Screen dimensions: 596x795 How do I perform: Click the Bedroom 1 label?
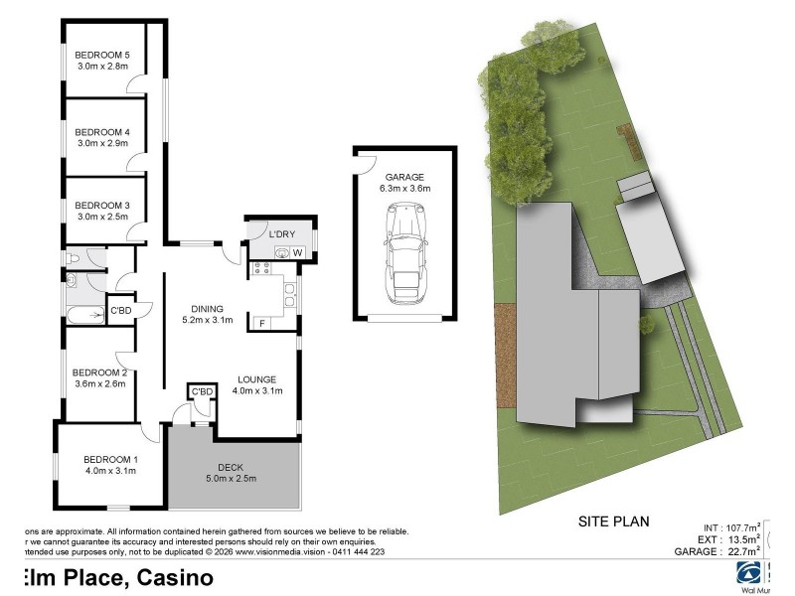pyautogui.click(x=109, y=458)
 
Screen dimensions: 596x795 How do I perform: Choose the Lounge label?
pyautogui.click(x=256, y=379)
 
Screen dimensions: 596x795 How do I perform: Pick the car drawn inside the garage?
pyautogui.click(x=404, y=254)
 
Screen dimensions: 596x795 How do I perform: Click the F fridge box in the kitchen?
pyautogui.click(x=261, y=322)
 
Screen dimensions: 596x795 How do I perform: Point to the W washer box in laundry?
pyautogui.click(x=297, y=253)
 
